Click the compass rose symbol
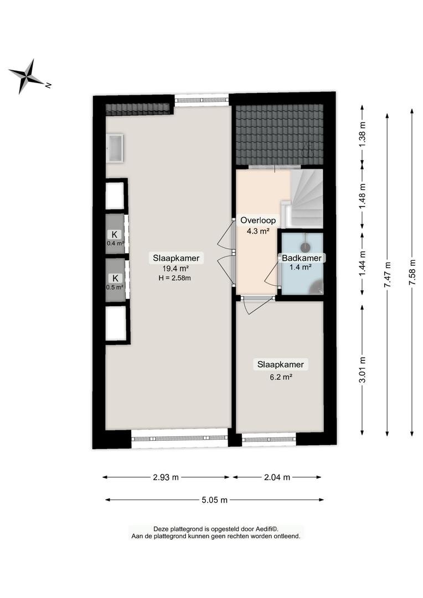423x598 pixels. [27, 76]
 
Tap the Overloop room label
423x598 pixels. [258, 220]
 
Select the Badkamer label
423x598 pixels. [301, 258]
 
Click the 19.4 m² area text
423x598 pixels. [175, 268]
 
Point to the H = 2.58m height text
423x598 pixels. [175, 278]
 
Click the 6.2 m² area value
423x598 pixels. [281, 377]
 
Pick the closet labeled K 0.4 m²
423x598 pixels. [115, 234]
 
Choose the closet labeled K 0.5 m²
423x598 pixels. [115, 280]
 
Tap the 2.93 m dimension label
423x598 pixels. [166, 477]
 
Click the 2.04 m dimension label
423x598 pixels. [277, 477]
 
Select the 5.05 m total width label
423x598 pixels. [215, 500]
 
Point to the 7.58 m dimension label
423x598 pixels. [412, 272]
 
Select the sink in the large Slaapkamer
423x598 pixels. [115, 148]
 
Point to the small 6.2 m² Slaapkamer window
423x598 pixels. [269, 439]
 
